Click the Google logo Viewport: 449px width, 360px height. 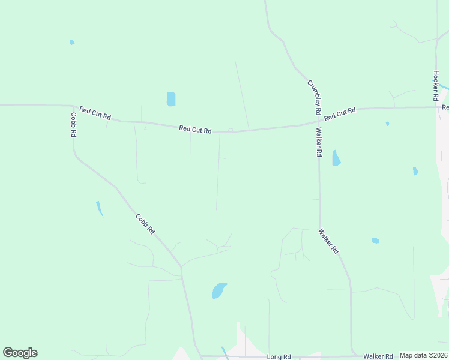pyautogui.click(x=20, y=353)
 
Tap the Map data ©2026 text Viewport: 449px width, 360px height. pyautogui.click(x=423, y=355)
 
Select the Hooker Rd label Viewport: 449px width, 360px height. pyautogui.click(x=436, y=85)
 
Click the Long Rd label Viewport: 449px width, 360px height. pyautogui.click(x=279, y=357)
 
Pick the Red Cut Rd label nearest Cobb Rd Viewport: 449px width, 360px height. pyautogui.click(x=95, y=113)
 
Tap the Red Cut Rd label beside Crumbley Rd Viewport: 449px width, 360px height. pyautogui.click(x=340, y=113)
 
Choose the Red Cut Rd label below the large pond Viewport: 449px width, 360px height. pyautogui.click(x=195, y=130)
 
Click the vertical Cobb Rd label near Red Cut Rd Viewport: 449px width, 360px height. pyautogui.click(x=73, y=125)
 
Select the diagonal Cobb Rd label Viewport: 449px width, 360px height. pyautogui.click(x=145, y=224)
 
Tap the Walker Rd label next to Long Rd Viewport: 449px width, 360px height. pyautogui.click(x=378, y=356)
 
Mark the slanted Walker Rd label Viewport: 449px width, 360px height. pyautogui.click(x=329, y=240)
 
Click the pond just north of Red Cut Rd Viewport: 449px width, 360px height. pyautogui.click(x=171, y=99)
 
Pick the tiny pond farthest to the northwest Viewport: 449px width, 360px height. pyautogui.click(x=72, y=43)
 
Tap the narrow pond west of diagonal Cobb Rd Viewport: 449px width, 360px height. pyautogui.click(x=100, y=208)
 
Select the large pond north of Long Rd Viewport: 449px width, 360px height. pyautogui.click(x=219, y=290)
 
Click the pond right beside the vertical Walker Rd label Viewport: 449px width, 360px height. pyautogui.click(x=336, y=158)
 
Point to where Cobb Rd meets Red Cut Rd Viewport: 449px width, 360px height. pyautogui.click(x=73, y=106)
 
